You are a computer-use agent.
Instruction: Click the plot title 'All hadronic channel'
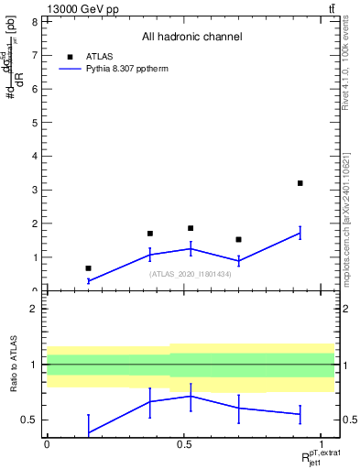click(191, 37)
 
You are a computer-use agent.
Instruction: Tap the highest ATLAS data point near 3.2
click(300, 183)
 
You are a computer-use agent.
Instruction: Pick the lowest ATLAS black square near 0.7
click(88, 268)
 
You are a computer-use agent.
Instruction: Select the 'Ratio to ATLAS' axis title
click(14, 364)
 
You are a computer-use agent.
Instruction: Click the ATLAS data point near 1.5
click(238, 239)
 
